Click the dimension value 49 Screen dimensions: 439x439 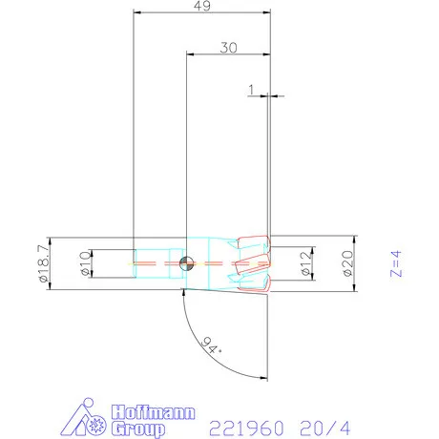click(x=201, y=7)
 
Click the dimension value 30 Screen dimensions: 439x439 click(x=227, y=47)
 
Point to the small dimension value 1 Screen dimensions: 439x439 click(x=251, y=90)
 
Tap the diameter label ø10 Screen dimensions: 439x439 click(x=83, y=261)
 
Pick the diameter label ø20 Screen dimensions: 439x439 click(x=345, y=261)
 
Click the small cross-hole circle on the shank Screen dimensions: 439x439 click(x=188, y=261)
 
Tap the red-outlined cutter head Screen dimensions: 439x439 click(x=250, y=261)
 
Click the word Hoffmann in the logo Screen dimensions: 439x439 click(x=153, y=412)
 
